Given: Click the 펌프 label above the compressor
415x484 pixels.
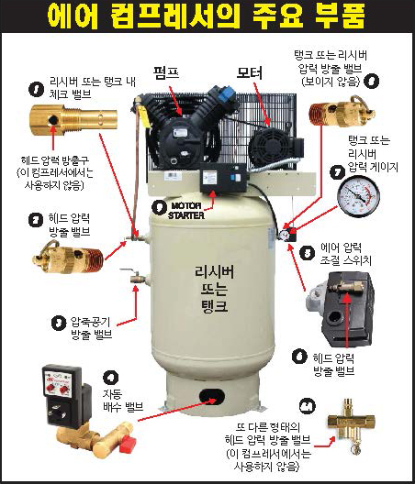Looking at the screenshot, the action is [166, 72].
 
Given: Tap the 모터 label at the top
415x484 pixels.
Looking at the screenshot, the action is [249, 72].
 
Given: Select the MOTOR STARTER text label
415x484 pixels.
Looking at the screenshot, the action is [186, 211].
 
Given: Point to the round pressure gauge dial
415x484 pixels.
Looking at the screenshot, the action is [358, 196].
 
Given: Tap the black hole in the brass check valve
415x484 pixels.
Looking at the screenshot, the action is [53, 120].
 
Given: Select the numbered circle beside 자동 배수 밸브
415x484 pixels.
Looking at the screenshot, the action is [110, 377].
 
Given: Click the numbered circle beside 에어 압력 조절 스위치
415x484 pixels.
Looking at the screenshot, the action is [308, 253].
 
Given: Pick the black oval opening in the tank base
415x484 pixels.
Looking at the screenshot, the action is [212, 396].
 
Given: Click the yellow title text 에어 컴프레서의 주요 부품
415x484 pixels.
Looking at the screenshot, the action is [207, 16].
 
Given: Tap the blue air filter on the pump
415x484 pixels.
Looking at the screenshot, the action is [226, 95].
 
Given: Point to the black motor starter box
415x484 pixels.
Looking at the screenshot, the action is [223, 177].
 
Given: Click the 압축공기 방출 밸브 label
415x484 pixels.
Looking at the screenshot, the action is [91, 328].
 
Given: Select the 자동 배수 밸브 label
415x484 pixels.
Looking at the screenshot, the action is [123, 401].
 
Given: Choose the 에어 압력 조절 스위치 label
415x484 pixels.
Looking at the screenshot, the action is [345, 254].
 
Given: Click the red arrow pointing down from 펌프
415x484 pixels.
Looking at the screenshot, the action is [175, 100].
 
